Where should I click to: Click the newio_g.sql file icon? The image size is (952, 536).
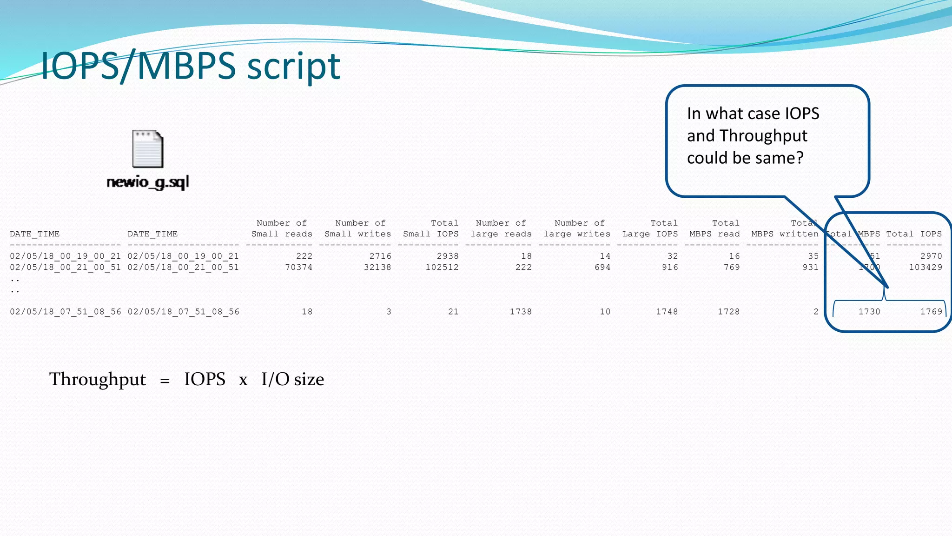[x=148, y=149]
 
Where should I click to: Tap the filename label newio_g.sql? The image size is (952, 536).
[x=148, y=182]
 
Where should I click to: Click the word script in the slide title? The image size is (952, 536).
[x=294, y=66]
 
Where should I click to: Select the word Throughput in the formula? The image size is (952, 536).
[x=98, y=379]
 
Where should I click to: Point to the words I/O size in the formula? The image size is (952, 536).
[x=292, y=379]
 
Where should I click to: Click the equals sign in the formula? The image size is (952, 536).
[x=165, y=381]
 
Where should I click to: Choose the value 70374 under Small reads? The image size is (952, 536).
[x=298, y=267]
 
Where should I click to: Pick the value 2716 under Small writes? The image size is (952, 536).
[x=380, y=256]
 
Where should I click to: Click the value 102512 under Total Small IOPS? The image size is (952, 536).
[x=442, y=267]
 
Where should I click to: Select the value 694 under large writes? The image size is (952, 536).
[x=602, y=267]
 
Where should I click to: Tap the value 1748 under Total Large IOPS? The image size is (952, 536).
[x=667, y=312]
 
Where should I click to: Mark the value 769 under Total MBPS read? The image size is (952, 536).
[x=732, y=267]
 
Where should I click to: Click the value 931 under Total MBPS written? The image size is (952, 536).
[x=810, y=267]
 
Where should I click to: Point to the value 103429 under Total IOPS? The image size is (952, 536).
[x=926, y=267]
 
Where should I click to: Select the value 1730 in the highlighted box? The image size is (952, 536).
[x=869, y=312]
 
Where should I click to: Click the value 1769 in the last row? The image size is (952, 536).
[x=931, y=312]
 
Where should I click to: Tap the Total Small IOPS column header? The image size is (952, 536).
[x=431, y=228]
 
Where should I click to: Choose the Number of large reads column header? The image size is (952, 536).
[x=501, y=228]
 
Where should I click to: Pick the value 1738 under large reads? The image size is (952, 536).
[x=521, y=312]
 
